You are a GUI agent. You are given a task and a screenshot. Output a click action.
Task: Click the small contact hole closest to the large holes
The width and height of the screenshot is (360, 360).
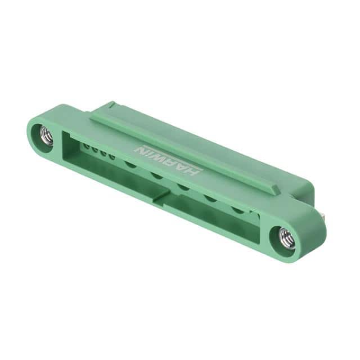tap(112, 157)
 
